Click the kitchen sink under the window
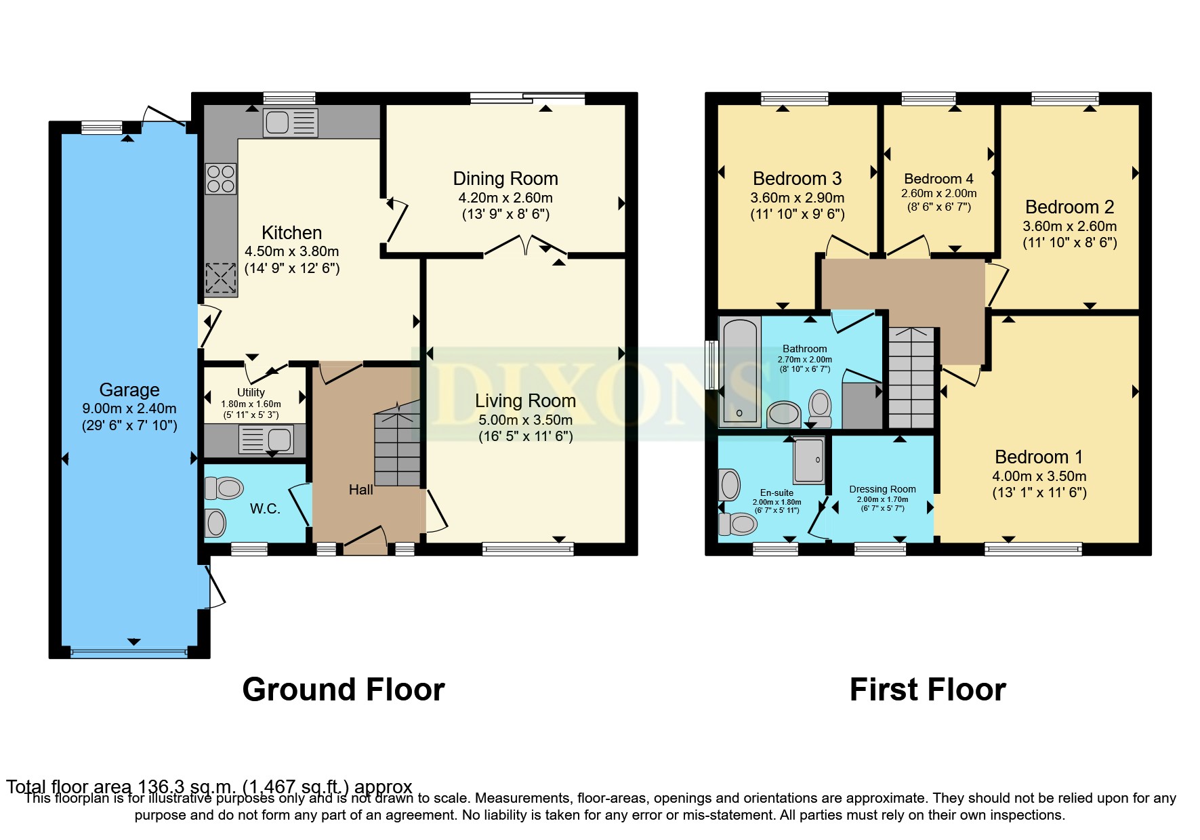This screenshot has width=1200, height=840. click(290, 123)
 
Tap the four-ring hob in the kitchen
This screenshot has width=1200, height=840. click(221, 179)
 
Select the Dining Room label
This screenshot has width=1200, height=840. click(505, 179)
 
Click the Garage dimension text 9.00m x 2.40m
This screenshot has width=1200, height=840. click(129, 408)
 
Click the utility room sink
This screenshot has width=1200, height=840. click(266, 440)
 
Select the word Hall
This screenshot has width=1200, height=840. click(360, 490)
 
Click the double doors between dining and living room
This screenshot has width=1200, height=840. click(526, 245)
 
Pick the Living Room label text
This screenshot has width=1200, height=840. click(525, 401)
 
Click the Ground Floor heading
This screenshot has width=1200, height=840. click(344, 690)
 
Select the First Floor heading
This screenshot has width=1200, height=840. click(928, 690)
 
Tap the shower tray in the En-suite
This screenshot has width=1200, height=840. click(809, 461)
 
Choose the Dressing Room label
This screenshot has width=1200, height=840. click(882, 489)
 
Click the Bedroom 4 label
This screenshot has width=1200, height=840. click(938, 179)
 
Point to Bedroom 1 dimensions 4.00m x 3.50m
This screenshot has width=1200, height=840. click(1039, 476)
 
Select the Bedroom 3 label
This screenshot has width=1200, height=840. click(797, 179)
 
